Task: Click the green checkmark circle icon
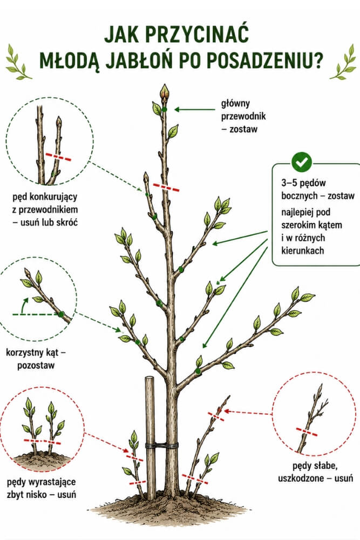click(302, 162)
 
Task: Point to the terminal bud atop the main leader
click(165, 92)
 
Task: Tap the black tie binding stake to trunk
click(161, 446)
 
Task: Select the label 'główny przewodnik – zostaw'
click(243, 116)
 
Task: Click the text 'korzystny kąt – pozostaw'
click(36, 359)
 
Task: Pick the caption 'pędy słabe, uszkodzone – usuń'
click(315, 472)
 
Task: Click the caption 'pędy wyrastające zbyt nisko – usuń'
click(42, 488)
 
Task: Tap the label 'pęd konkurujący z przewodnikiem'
click(45, 203)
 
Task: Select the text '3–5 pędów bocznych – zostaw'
click(318, 189)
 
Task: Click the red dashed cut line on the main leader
click(166, 187)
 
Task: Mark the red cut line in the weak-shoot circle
click(307, 431)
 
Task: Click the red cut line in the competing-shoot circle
click(58, 157)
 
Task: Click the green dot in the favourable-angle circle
click(62, 314)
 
